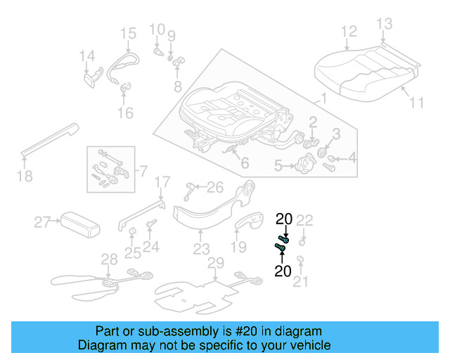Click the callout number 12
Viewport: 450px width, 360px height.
tap(349, 31)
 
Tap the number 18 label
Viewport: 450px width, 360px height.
tap(25, 176)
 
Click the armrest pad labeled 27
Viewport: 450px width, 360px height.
tap(78, 224)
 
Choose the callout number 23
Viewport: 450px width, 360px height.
tap(201, 250)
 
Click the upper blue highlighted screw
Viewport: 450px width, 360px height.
tap(285, 239)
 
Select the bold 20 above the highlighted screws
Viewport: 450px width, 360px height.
tap(284, 219)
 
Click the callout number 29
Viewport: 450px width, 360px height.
tap(216, 263)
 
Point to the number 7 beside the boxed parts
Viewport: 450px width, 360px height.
tap(143, 171)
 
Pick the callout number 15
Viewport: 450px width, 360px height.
tap(127, 33)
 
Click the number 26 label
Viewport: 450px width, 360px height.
tap(214, 187)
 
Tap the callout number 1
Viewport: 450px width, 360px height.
tap(323, 98)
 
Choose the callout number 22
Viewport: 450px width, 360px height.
tap(304, 220)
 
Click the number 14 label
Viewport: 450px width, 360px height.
tap(86, 56)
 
